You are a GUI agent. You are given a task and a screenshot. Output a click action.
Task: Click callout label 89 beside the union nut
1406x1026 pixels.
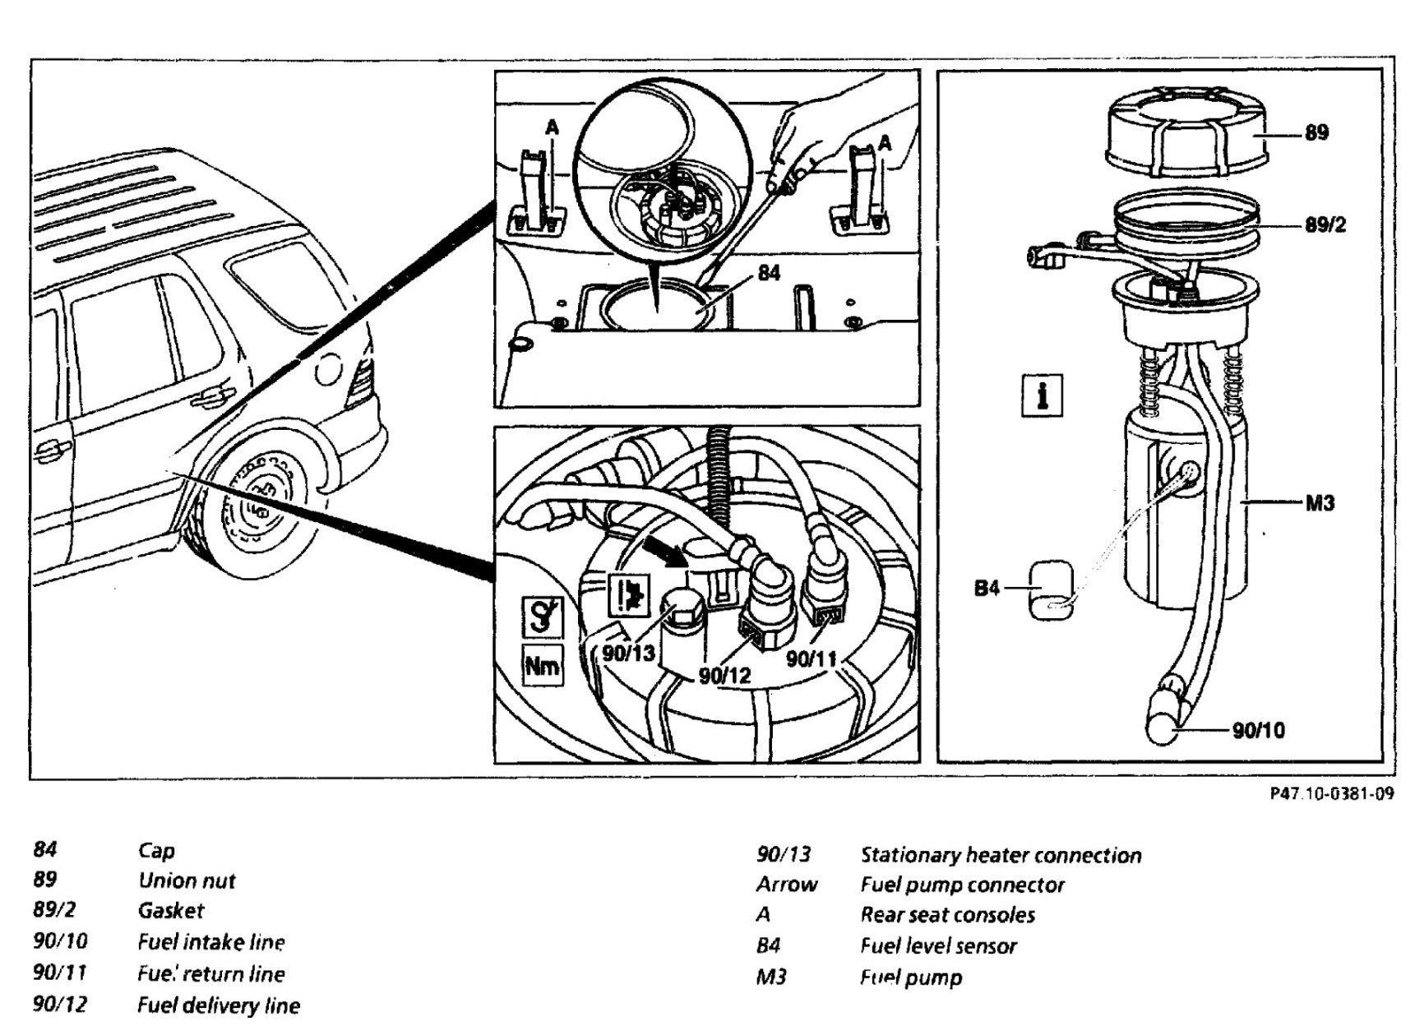coord(1316,133)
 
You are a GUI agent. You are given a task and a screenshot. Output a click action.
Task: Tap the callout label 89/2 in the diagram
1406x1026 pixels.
coord(1325,224)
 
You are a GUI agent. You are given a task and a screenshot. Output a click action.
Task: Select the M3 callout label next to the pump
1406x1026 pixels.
coord(1319,503)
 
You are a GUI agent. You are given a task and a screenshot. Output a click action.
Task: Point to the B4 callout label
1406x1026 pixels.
coord(987,588)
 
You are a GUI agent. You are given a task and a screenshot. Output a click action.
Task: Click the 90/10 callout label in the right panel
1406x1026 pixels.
coord(1258,730)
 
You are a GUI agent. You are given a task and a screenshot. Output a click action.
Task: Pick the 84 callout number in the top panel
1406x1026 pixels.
coord(768,273)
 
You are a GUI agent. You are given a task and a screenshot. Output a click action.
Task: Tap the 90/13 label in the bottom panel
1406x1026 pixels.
coord(628,654)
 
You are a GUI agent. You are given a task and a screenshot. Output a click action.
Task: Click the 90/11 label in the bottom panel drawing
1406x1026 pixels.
coord(811,659)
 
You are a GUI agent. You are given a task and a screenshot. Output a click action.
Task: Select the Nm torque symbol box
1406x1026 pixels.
coord(542,666)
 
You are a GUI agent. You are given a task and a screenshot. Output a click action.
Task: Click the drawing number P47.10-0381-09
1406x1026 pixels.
coord(1331,794)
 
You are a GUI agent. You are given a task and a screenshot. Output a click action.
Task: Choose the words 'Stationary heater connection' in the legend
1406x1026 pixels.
coord(1000,855)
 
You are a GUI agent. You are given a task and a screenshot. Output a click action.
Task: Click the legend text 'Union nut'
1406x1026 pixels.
coord(187,880)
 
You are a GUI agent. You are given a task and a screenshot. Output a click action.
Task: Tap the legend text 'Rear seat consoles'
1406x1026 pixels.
coord(947,914)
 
